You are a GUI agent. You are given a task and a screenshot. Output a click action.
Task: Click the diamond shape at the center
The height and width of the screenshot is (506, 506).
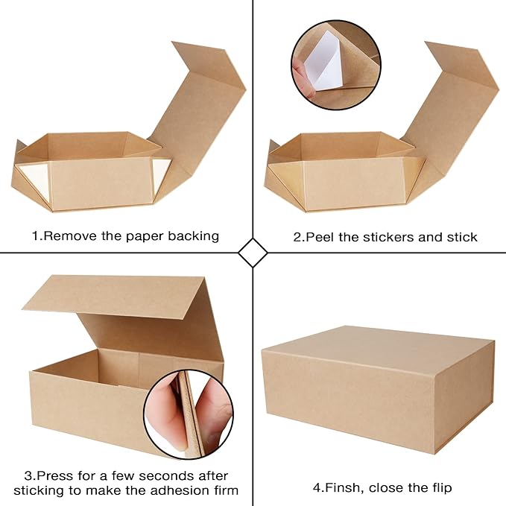click(253, 253)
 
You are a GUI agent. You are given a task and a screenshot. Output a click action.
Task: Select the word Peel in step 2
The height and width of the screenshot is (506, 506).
click(317, 237)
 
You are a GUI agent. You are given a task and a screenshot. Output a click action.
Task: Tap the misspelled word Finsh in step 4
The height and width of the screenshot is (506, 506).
click(341, 488)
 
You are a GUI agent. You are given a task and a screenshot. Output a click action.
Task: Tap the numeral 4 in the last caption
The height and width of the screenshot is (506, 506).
click(316, 488)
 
